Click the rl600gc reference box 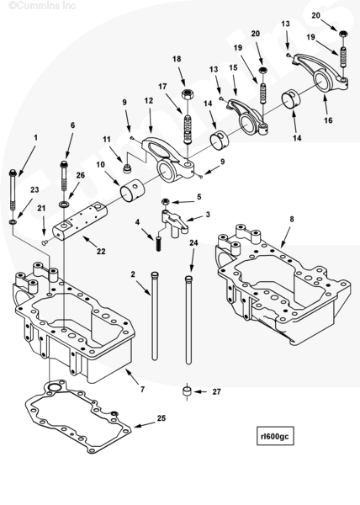(275, 436)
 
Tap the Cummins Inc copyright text (42, 6)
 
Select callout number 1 (35, 137)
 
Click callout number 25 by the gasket (161, 418)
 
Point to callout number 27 (216, 391)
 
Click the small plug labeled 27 (187, 391)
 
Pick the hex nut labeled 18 (188, 94)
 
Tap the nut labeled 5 (165, 202)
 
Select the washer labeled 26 (64, 205)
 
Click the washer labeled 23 (13, 222)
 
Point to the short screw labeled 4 (158, 244)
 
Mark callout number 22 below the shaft (101, 251)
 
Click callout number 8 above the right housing (292, 219)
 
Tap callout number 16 (328, 120)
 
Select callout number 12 (149, 101)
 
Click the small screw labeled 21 (45, 242)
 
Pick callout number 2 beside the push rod (133, 274)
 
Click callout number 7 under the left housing (142, 389)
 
